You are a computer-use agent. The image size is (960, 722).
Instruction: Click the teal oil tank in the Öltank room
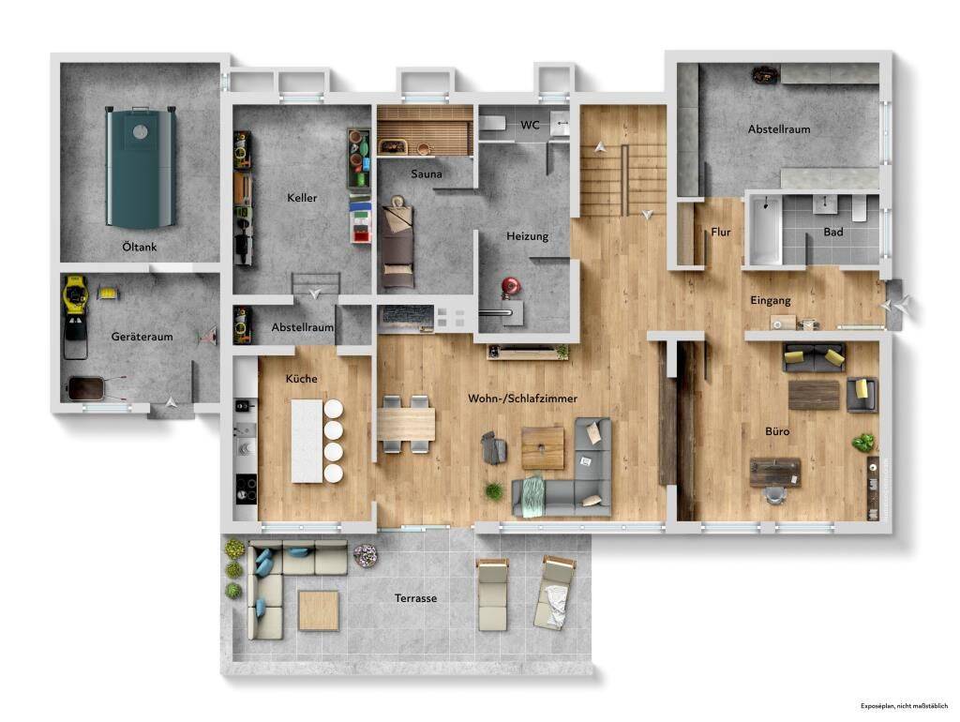[x=142, y=167]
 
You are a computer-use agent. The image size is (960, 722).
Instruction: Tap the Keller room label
[x=302, y=198]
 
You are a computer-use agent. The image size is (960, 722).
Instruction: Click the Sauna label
[x=427, y=173]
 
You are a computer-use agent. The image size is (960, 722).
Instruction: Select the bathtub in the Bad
[x=766, y=231]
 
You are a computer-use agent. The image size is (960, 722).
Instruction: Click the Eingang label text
[x=771, y=300]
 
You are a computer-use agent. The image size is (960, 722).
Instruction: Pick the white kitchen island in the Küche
[x=307, y=441]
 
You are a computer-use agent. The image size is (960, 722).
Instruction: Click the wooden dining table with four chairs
[x=405, y=424]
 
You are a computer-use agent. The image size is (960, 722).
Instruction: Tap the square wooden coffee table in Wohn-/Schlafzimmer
[x=543, y=447]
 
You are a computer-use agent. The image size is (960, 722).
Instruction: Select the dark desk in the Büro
[x=775, y=473]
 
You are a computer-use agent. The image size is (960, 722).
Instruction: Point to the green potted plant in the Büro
[x=863, y=443]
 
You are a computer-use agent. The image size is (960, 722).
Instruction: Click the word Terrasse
[x=415, y=598]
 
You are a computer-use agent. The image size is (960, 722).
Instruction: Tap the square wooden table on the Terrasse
[x=319, y=610]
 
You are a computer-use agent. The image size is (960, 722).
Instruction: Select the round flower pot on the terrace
[x=366, y=556]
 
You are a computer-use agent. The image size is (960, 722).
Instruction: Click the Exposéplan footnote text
[x=905, y=706]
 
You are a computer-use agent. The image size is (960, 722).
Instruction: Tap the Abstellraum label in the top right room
[x=779, y=129]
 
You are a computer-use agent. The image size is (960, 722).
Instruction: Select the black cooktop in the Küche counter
[x=247, y=489]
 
